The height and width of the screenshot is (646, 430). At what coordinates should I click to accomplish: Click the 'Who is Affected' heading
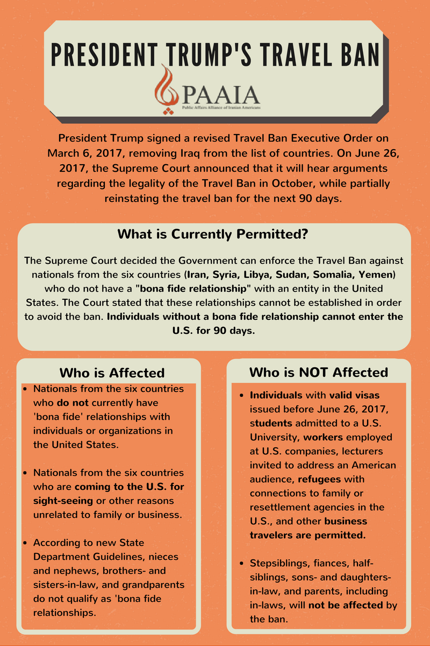point(112,373)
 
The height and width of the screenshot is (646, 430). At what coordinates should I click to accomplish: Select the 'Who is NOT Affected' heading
point(319,372)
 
